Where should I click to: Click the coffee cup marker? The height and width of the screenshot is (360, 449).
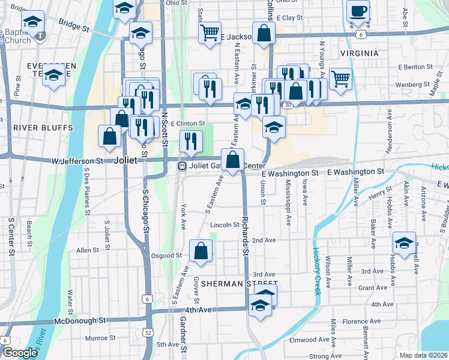(x=358, y=11)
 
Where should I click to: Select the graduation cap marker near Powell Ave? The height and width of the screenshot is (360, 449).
(x=404, y=244)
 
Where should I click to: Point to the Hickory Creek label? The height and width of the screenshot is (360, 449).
(x=318, y=267)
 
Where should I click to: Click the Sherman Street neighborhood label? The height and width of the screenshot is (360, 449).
(x=240, y=283)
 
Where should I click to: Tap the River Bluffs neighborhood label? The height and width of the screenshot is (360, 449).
(x=43, y=128)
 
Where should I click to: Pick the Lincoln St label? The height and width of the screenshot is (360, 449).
(x=225, y=225)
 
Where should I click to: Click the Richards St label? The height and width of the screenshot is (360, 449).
(x=246, y=231)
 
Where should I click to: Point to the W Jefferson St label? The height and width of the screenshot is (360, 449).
(x=77, y=161)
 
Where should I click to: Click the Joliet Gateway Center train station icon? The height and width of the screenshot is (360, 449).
(x=181, y=166)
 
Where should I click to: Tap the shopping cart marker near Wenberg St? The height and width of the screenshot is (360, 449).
(x=340, y=79)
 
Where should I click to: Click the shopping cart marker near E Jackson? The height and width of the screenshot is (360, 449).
(x=209, y=33)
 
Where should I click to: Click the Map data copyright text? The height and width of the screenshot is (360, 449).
(x=424, y=355)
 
